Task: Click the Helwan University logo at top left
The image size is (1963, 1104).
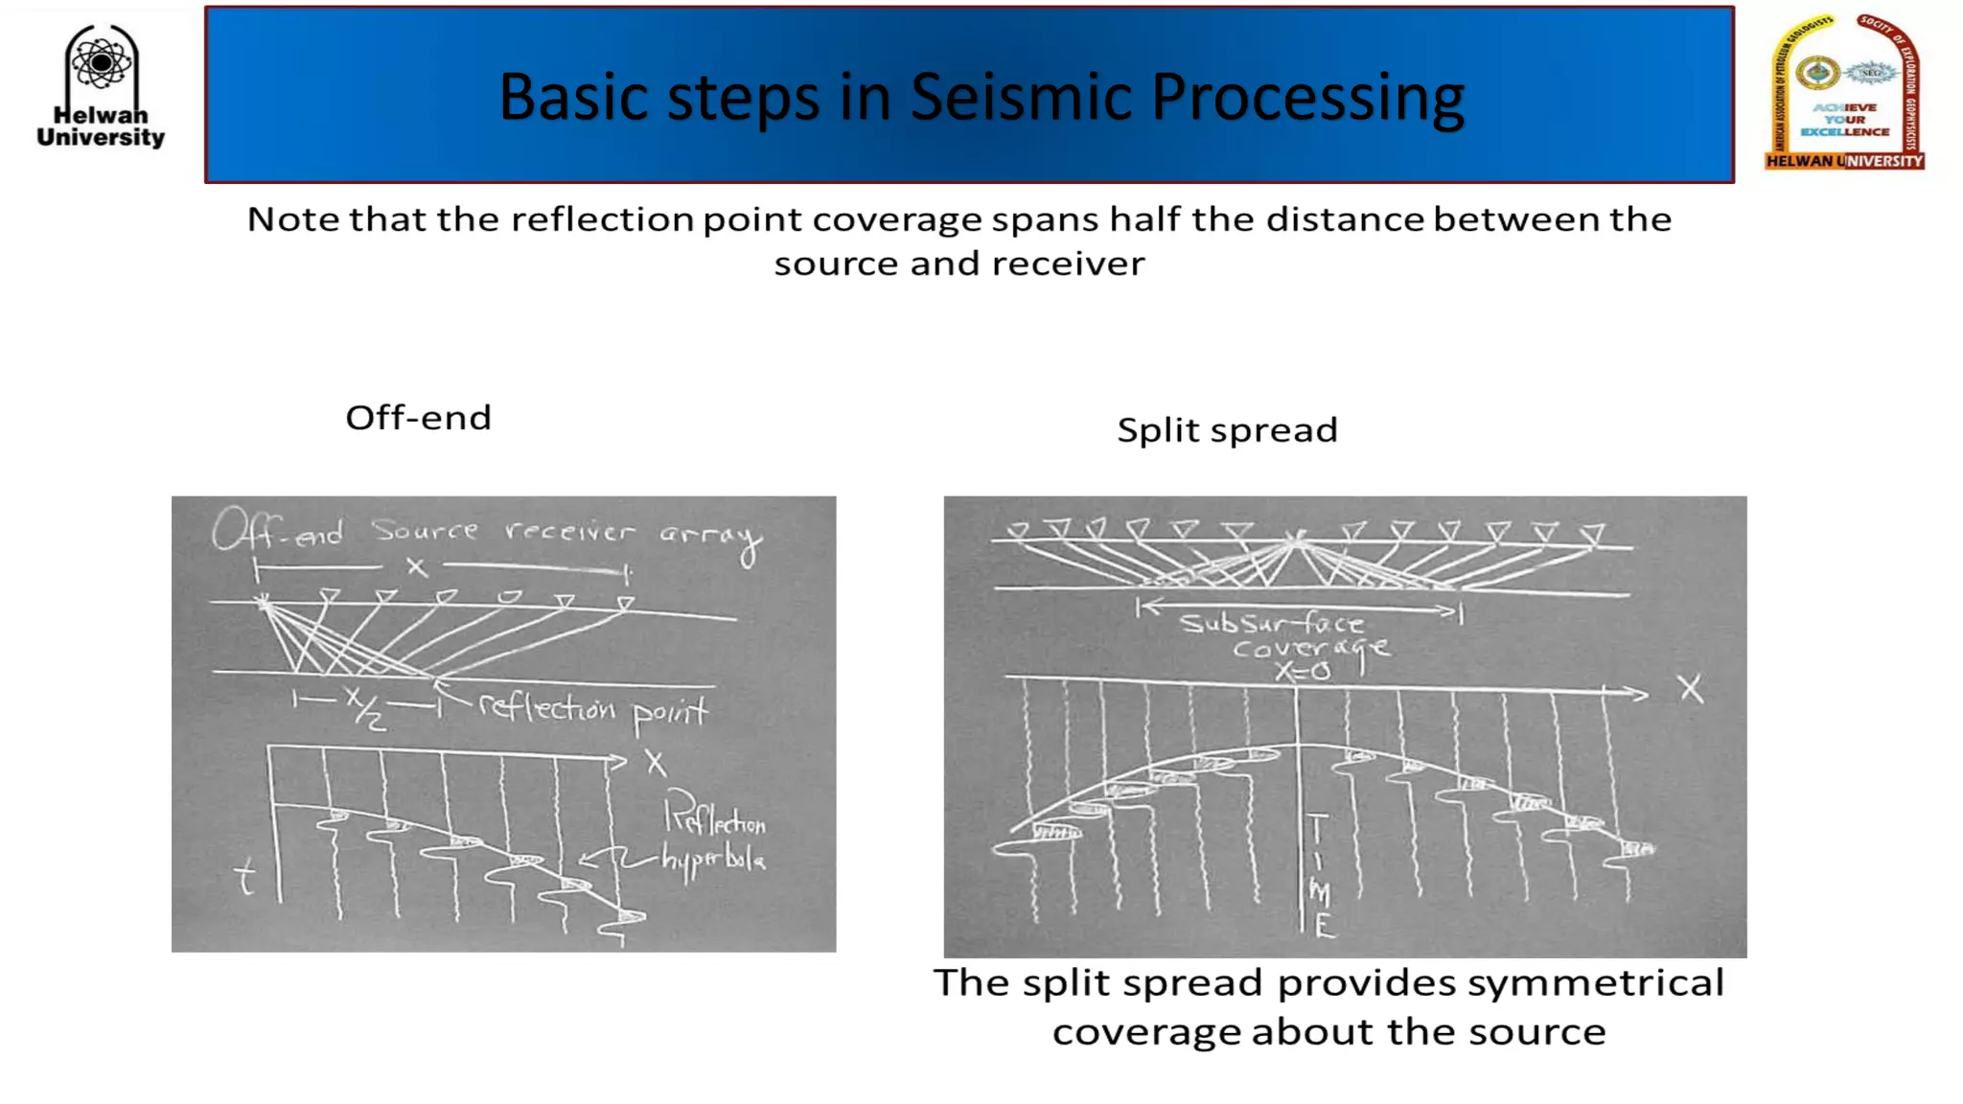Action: point(101,86)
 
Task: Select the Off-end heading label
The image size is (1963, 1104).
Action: point(418,418)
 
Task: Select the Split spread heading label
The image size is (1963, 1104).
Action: point(1227,430)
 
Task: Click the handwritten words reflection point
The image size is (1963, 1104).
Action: point(592,709)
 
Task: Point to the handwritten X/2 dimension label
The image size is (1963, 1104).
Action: point(365,707)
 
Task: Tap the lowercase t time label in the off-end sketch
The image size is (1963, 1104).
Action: point(245,877)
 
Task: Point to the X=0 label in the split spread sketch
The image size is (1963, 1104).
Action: point(1303,672)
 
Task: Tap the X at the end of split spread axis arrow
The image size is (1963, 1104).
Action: point(1691,688)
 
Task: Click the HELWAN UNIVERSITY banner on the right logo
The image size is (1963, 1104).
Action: point(1844,161)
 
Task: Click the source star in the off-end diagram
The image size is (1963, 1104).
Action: point(263,603)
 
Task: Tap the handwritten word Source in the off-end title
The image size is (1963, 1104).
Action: point(425,530)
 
